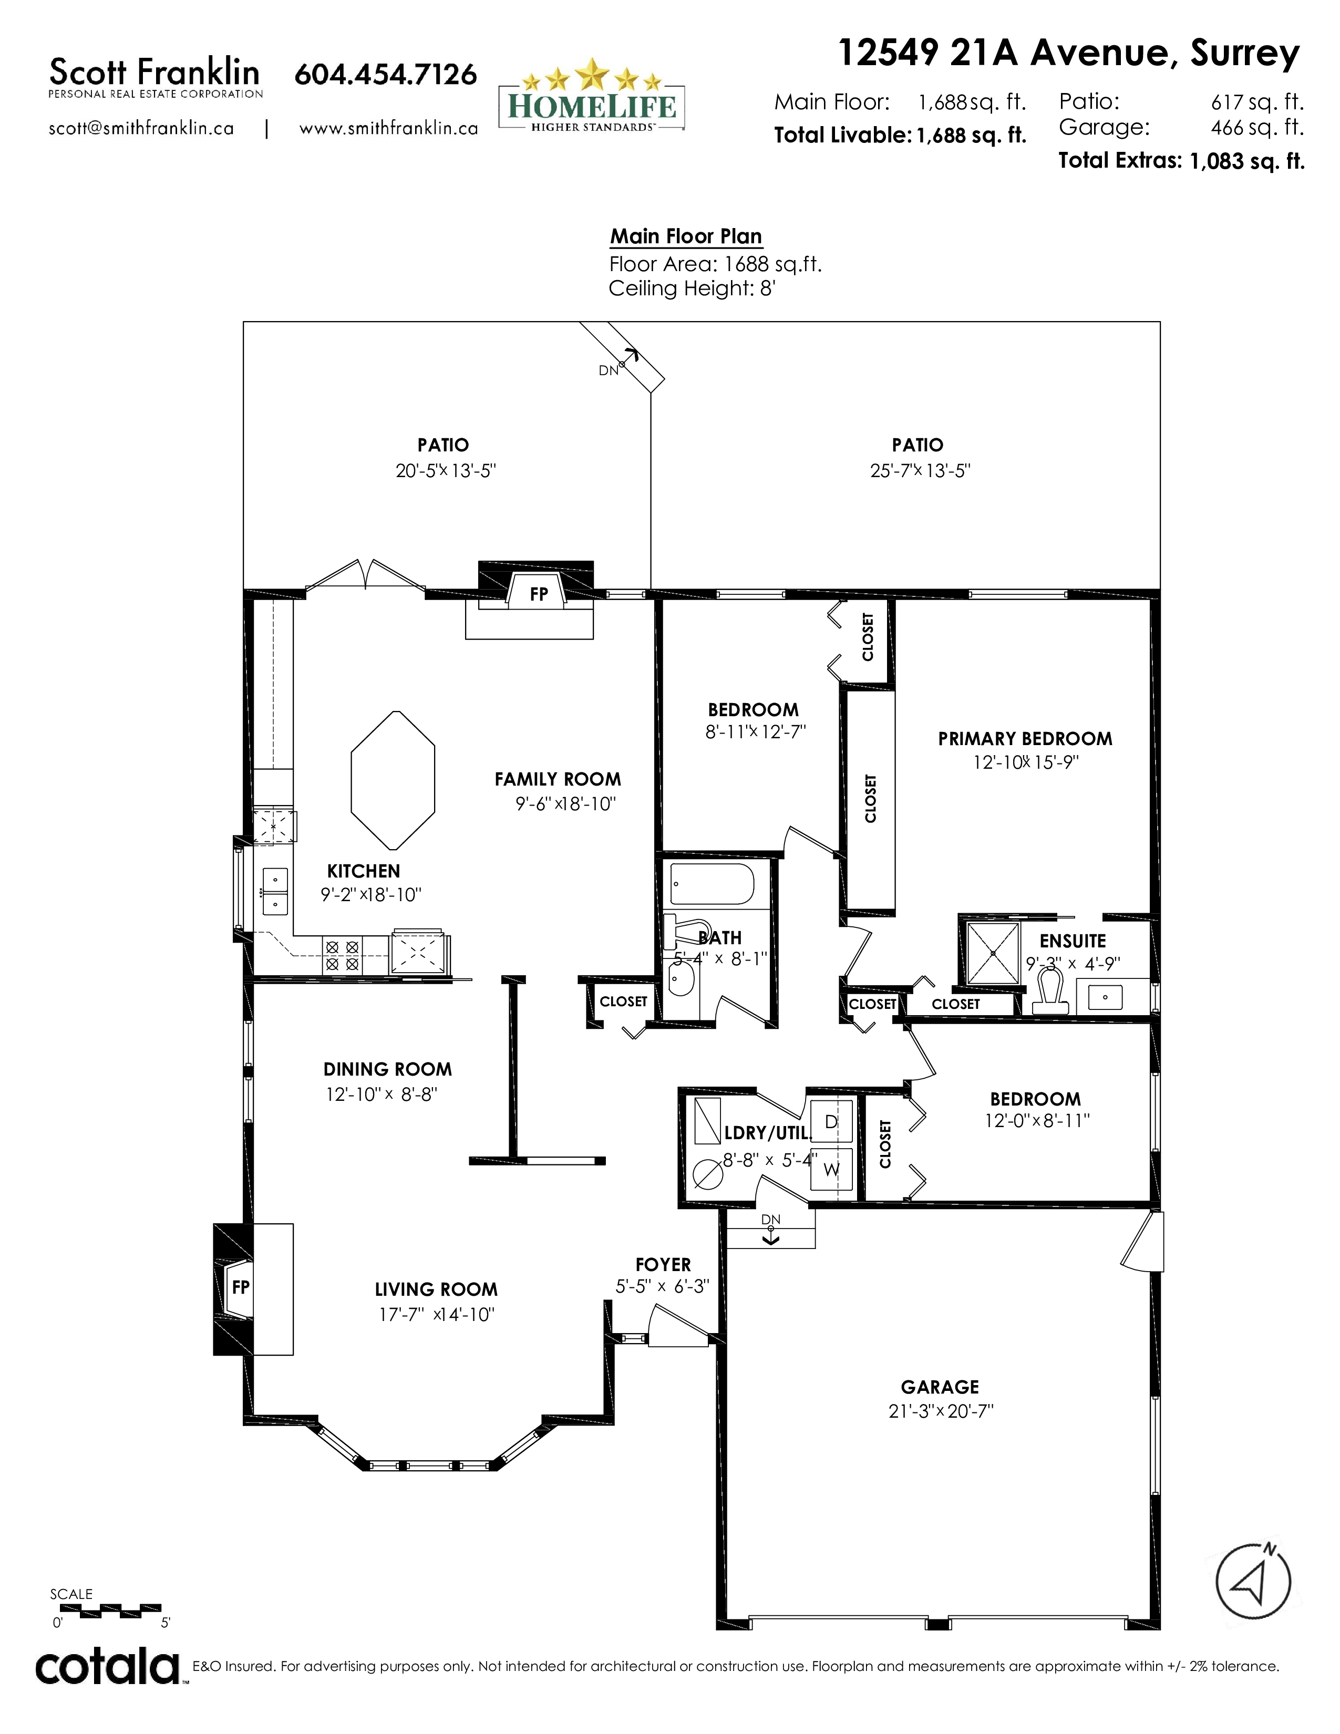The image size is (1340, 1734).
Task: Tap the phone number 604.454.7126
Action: click(386, 74)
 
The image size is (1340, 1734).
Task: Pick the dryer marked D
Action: click(831, 1121)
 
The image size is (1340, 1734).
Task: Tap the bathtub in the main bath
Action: click(712, 884)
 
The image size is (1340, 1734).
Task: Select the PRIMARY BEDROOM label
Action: click(1025, 738)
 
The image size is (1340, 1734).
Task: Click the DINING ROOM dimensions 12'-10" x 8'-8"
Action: click(381, 1094)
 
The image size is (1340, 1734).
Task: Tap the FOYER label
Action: click(663, 1264)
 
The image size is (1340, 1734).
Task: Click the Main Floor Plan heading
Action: click(686, 236)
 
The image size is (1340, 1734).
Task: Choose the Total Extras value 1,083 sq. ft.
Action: click(1246, 161)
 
